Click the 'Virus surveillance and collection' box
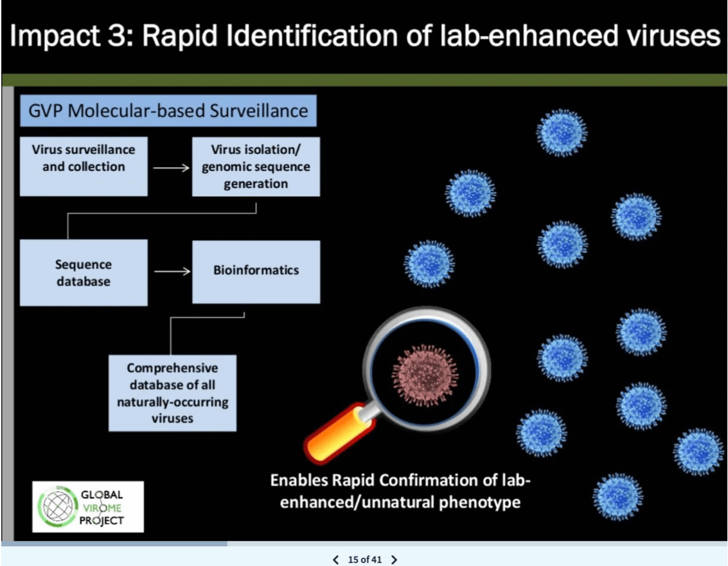coord(84,166)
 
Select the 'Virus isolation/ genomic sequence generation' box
coord(256,166)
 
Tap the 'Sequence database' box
coord(84,273)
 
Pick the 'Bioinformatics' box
coord(256,271)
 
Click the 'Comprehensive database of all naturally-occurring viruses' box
coord(172,393)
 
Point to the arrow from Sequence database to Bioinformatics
coord(172,271)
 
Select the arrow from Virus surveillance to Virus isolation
coord(172,168)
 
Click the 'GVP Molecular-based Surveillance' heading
coord(168,111)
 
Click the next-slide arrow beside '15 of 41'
coord(395,560)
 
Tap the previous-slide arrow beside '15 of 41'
coord(335,560)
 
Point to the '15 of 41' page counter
coord(365,560)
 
